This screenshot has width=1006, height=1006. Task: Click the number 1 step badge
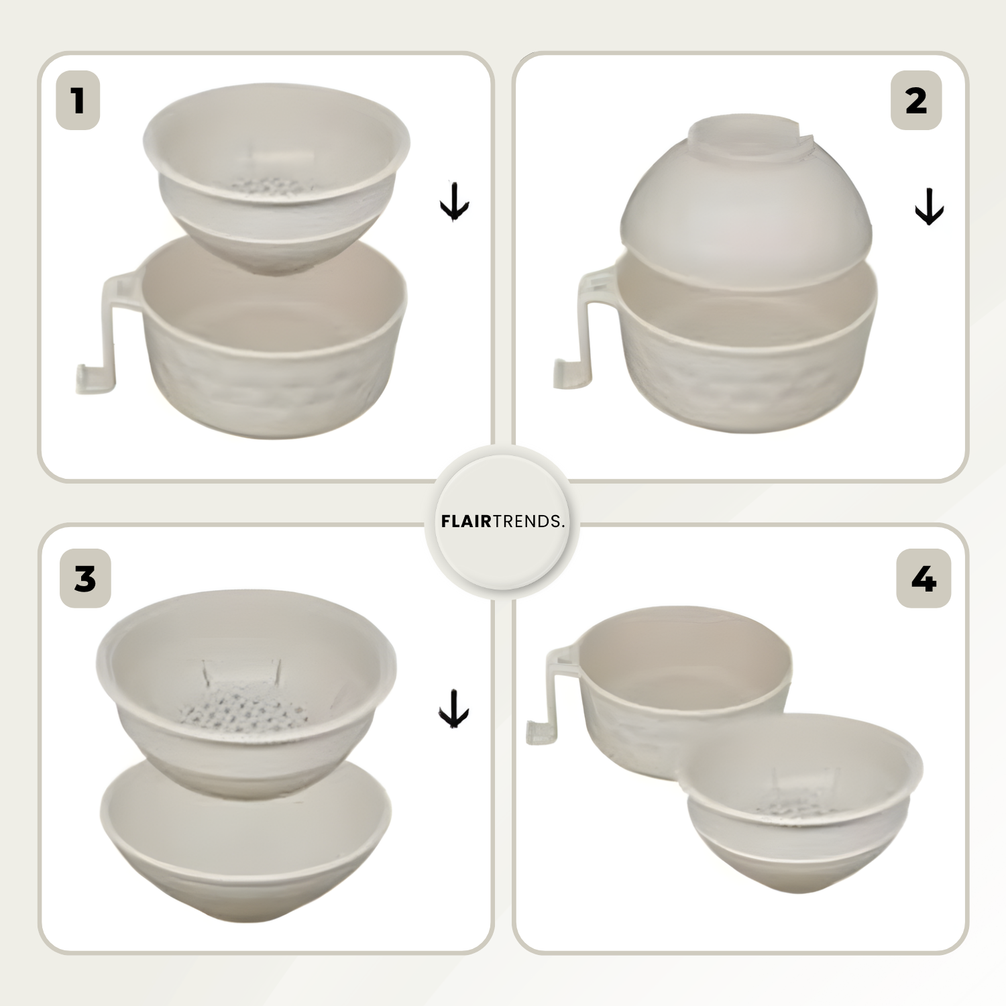pos(78,101)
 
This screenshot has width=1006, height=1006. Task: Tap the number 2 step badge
pos(916,101)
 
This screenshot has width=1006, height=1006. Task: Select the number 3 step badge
pos(85,578)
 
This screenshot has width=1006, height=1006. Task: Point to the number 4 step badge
pos(924,578)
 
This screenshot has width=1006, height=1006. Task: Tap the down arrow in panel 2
pos(930,207)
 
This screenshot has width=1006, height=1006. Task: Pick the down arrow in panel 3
pos(453,708)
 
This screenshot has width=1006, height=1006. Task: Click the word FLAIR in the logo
pos(467,521)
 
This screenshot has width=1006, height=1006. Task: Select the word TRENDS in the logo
pos(527,521)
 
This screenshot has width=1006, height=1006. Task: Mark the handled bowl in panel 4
pos(671,691)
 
